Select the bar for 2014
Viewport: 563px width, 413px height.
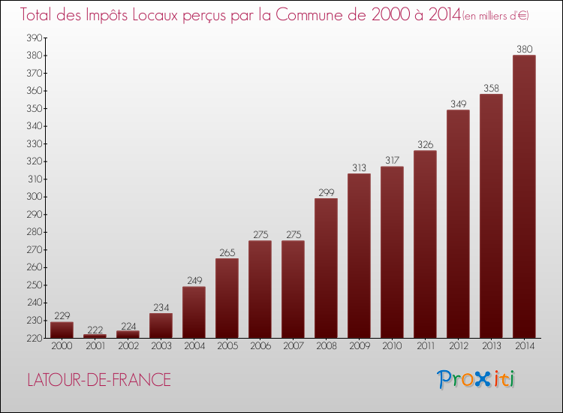point(524,197)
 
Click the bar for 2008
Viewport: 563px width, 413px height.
point(326,268)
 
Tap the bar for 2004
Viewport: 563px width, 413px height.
point(194,312)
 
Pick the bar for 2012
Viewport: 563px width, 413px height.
point(458,224)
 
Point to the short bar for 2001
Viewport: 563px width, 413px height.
point(95,336)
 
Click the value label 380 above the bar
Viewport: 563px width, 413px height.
point(524,50)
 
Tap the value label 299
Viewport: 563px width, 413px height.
point(326,192)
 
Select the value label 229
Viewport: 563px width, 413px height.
point(62,316)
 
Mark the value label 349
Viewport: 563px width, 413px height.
point(458,104)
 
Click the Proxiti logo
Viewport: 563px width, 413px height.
point(476,379)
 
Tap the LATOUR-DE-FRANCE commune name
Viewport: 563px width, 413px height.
point(98,380)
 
